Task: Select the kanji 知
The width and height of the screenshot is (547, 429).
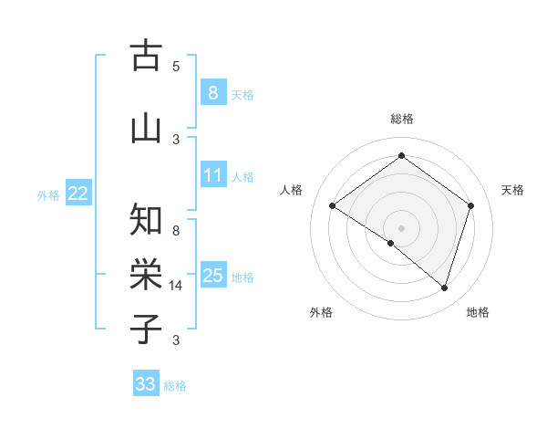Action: (146, 220)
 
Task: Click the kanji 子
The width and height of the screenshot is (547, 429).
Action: (146, 330)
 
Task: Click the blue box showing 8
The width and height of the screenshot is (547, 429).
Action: (212, 92)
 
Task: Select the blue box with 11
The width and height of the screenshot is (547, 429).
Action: (212, 175)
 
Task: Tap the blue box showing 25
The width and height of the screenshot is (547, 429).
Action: (212, 276)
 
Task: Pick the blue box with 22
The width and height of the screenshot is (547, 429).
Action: (78, 193)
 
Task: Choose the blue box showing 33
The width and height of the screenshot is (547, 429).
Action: (146, 384)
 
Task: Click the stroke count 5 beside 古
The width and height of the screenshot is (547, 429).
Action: (176, 67)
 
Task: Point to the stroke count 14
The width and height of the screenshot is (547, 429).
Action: (176, 286)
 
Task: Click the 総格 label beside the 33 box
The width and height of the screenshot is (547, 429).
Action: (175, 386)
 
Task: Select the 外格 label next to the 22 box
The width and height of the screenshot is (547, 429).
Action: (48, 194)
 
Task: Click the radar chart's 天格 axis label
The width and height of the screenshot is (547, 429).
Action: (512, 190)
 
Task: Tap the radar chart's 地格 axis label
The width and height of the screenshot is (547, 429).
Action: (478, 312)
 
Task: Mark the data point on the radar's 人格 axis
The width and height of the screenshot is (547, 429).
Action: (332, 205)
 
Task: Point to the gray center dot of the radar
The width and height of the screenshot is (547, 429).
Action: (401, 227)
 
